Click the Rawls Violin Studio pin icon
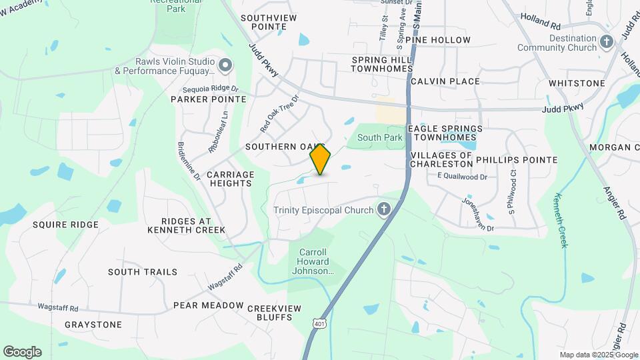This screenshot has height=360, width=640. point(225,65)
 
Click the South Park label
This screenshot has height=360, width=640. point(380,137)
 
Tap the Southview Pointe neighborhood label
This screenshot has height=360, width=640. point(263,22)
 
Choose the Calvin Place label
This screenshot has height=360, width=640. point(445,81)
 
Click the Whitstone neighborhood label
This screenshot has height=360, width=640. point(577,83)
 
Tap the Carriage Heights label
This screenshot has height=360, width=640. point(230,179)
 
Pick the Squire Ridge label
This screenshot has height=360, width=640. point(65,225)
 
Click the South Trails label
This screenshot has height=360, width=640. point(143,272)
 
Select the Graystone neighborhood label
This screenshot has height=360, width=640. point(93,325)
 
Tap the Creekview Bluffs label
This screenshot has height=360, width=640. point(274,313)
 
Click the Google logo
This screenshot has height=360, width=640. point(22,351)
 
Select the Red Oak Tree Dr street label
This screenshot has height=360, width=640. point(279,111)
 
